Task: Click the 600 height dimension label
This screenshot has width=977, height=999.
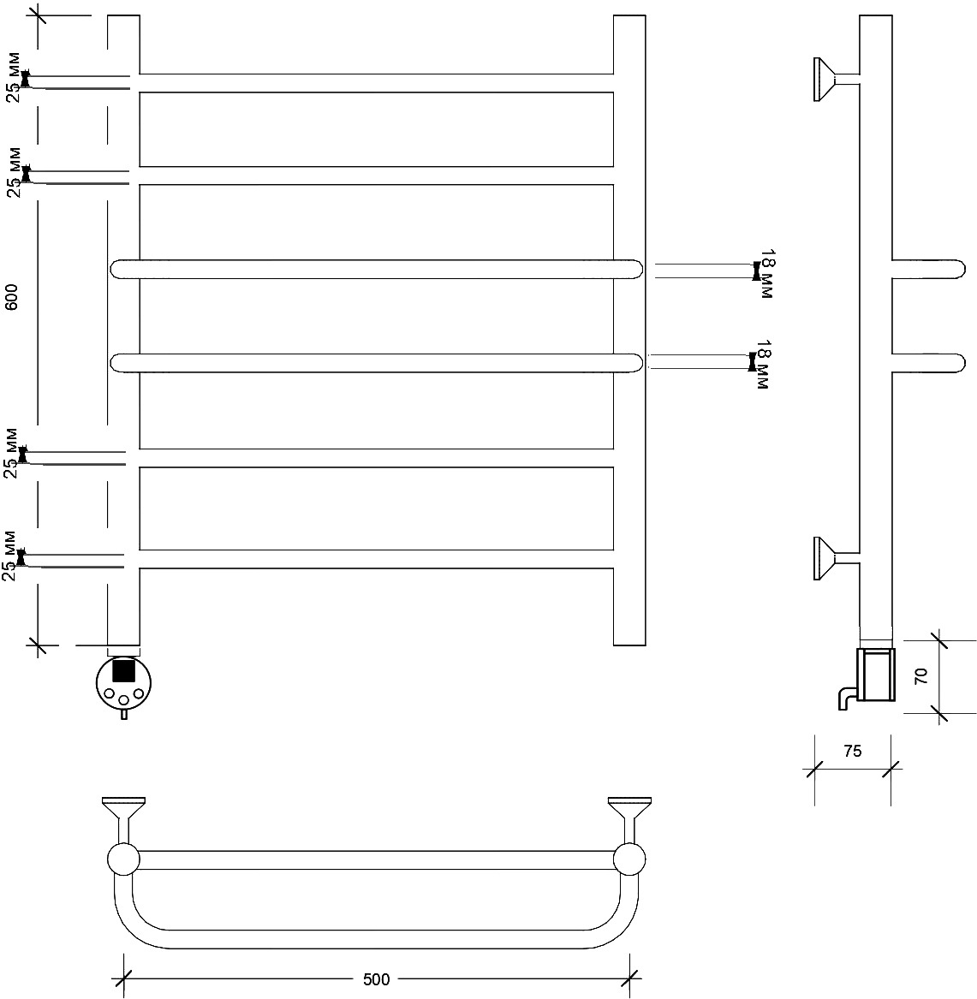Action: tap(11, 297)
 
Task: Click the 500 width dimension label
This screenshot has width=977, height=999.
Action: tap(376, 978)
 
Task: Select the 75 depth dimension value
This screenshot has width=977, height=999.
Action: tap(852, 751)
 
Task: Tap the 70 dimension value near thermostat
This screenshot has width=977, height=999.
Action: tap(921, 676)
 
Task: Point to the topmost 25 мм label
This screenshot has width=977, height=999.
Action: tap(14, 78)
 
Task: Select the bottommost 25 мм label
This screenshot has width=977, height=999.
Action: tap(9, 556)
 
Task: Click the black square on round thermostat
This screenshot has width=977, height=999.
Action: tap(123, 670)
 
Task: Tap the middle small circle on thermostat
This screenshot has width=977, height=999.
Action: tap(123, 700)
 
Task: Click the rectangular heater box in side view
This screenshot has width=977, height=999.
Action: tap(876, 674)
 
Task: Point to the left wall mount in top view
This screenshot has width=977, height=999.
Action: tap(123, 819)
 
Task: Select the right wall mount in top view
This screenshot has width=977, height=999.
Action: tap(629, 819)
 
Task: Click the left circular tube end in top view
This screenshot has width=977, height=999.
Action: tap(123, 859)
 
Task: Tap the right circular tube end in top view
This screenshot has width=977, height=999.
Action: tap(629, 859)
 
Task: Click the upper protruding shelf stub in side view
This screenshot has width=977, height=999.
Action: tap(928, 269)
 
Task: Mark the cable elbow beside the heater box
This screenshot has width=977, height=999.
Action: tap(847, 699)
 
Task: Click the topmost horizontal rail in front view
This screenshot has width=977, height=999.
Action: tap(376, 83)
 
